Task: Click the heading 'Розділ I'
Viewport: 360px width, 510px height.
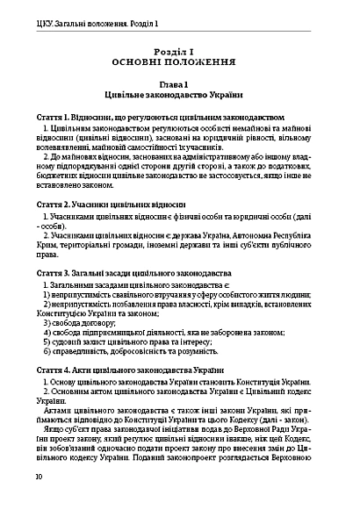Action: click(180, 52)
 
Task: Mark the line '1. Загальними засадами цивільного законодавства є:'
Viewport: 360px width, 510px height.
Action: click(145, 286)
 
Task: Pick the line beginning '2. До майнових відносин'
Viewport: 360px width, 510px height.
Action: click(187, 156)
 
